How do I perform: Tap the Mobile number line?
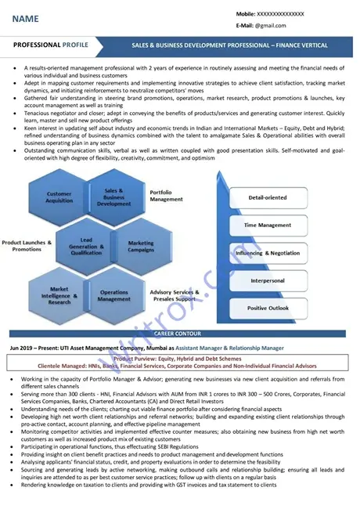[x=270, y=14]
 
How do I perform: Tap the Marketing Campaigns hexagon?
[x=141, y=247]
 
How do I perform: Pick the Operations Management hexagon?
[x=114, y=295]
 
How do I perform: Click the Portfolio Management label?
[x=166, y=195]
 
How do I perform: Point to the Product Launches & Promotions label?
[x=27, y=246]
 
